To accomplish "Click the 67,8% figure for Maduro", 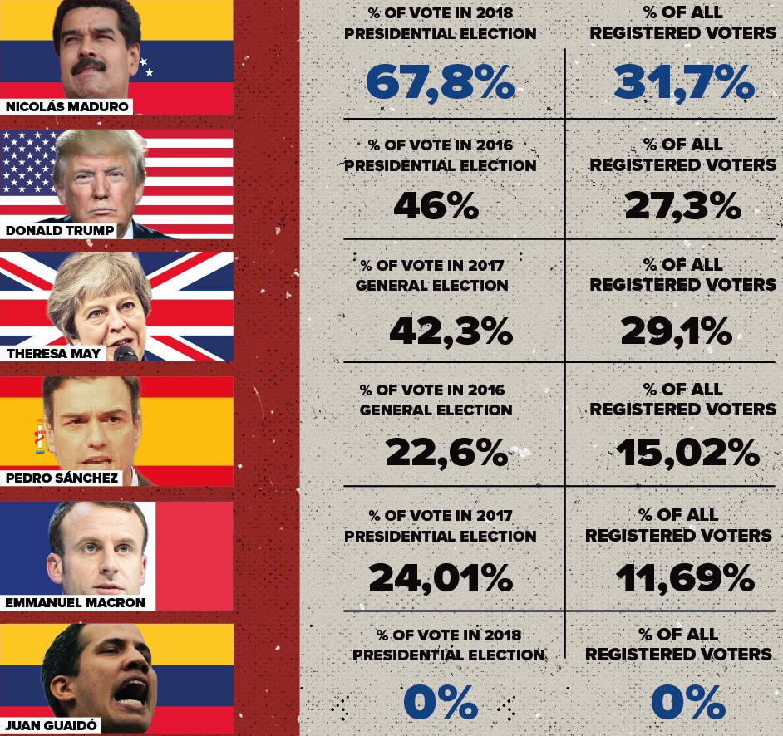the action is [x=440, y=83].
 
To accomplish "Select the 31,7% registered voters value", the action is [x=684, y=83].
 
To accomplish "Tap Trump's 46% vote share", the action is [x=436, y=205].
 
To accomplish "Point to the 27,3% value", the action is [x=682, y=205].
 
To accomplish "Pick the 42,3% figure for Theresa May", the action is [x=451, y=331].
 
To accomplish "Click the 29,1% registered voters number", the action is [x=676, y=331].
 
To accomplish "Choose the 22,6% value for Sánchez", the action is [x=446, y=453].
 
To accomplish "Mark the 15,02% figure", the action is [x=687, y=453].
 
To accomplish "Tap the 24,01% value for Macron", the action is [x=441, y=578].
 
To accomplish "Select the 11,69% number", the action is [x=685, y=578].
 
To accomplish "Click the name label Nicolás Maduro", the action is [x=67, y=106].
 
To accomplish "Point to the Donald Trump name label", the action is [x=59, y=231].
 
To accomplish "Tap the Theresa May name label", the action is [x=53, y=353].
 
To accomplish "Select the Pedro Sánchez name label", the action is [x=62, y=478].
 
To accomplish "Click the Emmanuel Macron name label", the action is [x=75, y=602].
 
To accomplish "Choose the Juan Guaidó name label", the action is [x=51, y=725].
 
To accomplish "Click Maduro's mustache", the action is [x=88, y=66].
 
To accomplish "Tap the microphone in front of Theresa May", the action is [x=125, y=353].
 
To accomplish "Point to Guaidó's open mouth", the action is [x=130, y=692].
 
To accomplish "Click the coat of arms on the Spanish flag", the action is [x=39, y=435].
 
